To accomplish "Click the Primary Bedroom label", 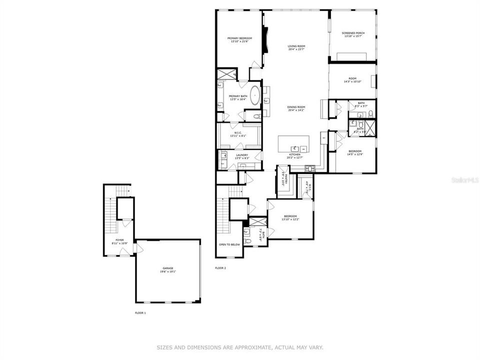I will (239, 38).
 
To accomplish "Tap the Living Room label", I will (296, 46).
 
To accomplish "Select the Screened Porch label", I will (353, 33).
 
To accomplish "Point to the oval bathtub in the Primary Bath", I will (255, 94).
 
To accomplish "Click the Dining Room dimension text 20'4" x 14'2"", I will (296, 110).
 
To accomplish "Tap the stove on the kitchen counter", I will (309, 168).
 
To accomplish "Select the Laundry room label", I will (242, 155).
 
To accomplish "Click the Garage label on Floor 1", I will (167, 268).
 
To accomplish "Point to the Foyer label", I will (119, 240).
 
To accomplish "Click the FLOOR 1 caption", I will (140, 313).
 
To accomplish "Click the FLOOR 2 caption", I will (220, 268).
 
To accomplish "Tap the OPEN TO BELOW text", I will (229, 244).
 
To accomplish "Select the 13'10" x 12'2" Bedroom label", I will (290, 216).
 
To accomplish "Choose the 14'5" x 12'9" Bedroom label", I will (355, 151).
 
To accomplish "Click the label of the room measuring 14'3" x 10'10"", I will (352, 78).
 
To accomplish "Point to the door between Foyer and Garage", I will (134, 248).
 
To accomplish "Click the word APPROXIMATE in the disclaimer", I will (253, 347).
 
